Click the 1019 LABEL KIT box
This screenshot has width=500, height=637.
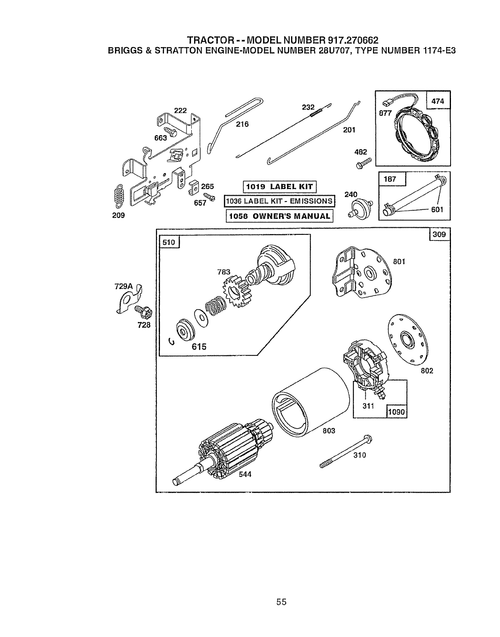tap(280, 187)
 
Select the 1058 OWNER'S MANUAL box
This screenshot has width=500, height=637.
tap(280, 216)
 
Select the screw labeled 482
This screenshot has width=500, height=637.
tap(363, 163)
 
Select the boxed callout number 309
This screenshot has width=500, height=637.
tap(440, 234)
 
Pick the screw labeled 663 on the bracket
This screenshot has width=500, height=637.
tap(171, 131)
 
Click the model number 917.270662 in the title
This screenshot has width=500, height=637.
tap(353, 40)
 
